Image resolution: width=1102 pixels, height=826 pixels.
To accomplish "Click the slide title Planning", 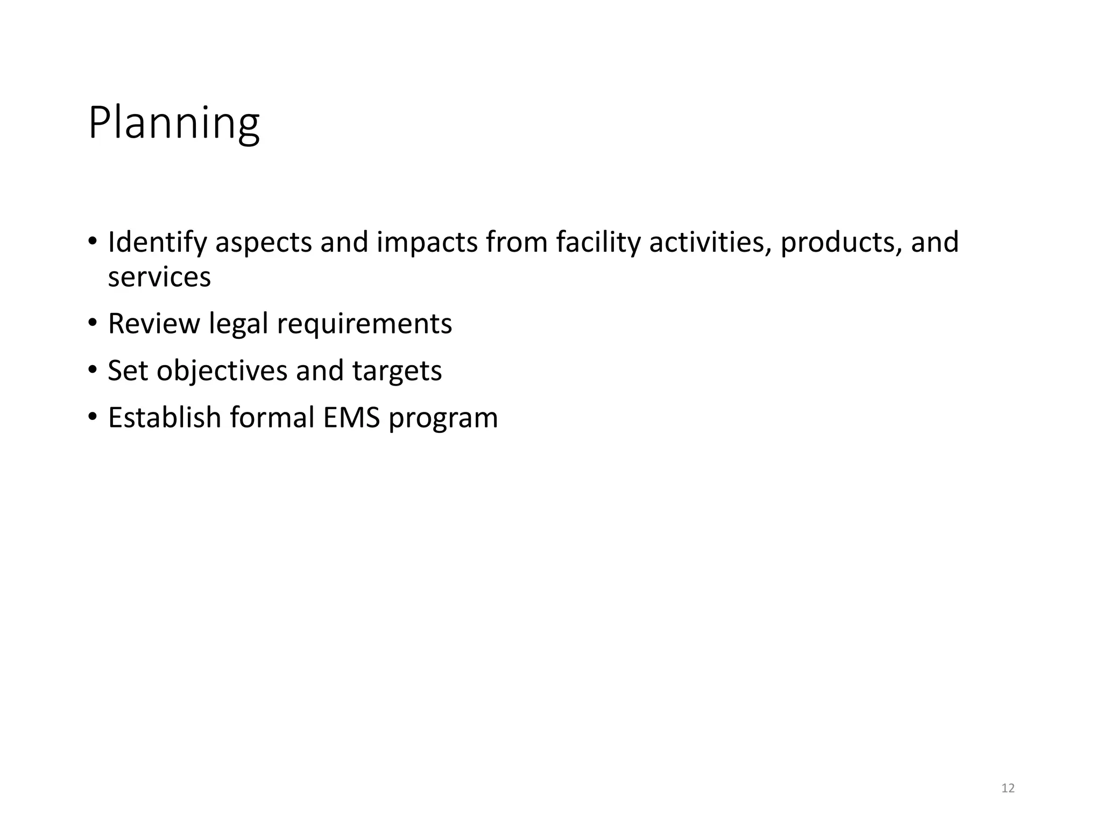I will click(174, 124).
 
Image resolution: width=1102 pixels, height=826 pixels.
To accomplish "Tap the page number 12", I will click(1008, 788).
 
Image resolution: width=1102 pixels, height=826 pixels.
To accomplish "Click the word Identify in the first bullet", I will click(157, 243).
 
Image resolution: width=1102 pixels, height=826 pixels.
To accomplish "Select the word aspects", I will click(264, 243).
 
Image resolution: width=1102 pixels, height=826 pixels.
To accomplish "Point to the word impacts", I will click(427, 243).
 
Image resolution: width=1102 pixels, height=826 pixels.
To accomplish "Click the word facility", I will click(598, 243).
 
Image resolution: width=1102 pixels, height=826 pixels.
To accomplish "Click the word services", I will click(159, 277).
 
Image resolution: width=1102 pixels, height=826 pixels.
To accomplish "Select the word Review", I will click(154, 324).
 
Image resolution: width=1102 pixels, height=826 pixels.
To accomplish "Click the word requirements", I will click(364, 324).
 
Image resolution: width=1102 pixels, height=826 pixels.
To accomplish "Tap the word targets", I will click(397, 371).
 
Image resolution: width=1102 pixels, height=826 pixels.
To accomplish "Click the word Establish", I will click(165, 418).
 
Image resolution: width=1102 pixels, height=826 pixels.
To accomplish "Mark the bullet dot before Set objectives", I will click(93, 370).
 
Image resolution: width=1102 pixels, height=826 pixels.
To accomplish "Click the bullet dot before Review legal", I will click(93, 323).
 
